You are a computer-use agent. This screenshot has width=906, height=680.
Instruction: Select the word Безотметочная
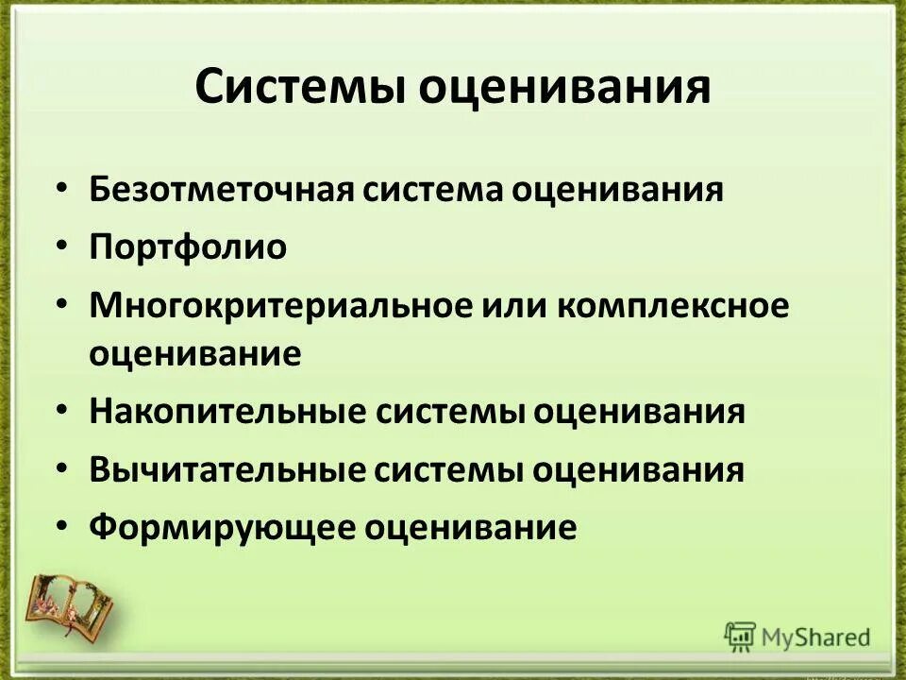(x=219, y=189)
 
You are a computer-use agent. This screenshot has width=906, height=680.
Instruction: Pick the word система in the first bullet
(x=429, y=189)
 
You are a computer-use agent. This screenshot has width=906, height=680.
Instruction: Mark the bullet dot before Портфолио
(x=61, y=246)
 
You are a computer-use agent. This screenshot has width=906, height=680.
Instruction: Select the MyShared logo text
(x=817, y=637)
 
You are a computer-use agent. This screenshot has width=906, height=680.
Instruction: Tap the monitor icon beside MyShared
(x=740, y=637)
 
